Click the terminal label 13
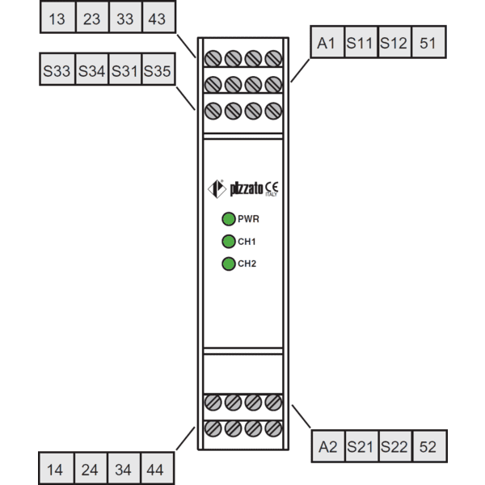coord(57,19)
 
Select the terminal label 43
coord(157,19)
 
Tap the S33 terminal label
coord(57,71)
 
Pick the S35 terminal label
coord(157,71)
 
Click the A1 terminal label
coord(326,43)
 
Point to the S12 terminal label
coord(394,43)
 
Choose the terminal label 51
coord(428,43)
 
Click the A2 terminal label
coord(328,447)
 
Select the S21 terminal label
coord(360,447)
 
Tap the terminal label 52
coord(428,447)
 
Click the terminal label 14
coord(55,470)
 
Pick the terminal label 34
coord(123,470)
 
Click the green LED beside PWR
coord(229,219)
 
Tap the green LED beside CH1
coord(229,241)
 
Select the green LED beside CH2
coord(229,264)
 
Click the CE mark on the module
coord(272,188)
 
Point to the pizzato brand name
coord(247,188)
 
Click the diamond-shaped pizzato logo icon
coord(217,188)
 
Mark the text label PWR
coord(248,219)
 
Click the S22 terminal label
coord(394,447)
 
